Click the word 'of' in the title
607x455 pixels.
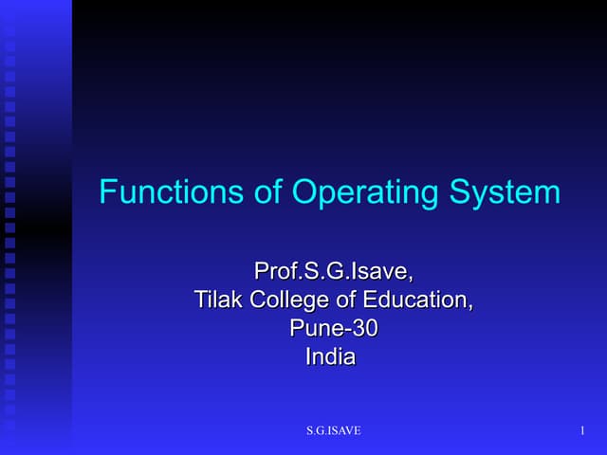click(268, 193)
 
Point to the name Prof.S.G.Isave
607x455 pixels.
click(331, 273)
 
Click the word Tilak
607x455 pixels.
click(217, 301)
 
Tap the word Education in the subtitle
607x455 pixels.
click(412, 301)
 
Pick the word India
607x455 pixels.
click(330, 357)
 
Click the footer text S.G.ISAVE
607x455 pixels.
click(333, 432)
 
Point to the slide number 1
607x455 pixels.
click(580, 432)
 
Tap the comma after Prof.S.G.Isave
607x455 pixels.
click(411, 279)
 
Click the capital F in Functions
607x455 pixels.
click(107, 193)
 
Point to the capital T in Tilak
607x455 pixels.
click(200, 301)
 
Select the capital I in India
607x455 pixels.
click(308, 357)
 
